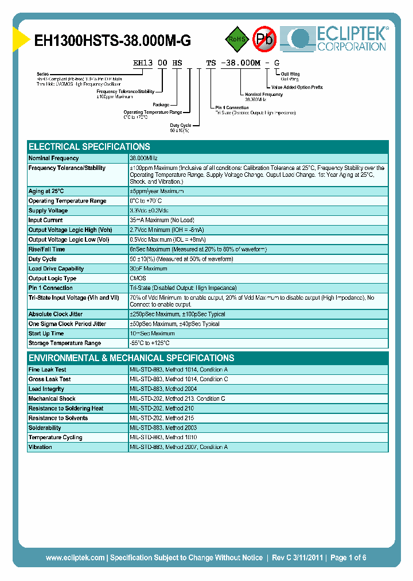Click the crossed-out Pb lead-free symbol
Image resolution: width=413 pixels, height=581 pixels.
264,39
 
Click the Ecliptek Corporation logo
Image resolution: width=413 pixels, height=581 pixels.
338,39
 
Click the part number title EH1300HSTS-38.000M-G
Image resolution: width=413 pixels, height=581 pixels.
112,41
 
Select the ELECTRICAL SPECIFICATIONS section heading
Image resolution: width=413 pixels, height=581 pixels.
89,146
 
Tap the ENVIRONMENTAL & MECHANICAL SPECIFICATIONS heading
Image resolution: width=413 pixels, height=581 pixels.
131,358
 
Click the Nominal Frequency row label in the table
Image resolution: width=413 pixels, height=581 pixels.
54,158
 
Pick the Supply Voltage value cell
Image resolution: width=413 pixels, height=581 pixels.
157,211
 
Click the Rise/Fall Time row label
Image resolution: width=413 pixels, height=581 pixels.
47,250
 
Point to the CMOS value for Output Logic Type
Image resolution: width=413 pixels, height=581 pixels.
138,278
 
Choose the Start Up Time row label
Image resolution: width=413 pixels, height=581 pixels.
46,334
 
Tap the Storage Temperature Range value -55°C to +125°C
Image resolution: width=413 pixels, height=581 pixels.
150,343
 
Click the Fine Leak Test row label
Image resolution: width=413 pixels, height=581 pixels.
48,370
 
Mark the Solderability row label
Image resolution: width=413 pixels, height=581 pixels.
45,428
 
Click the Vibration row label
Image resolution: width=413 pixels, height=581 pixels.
41,447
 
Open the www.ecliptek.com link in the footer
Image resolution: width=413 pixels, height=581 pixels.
75,557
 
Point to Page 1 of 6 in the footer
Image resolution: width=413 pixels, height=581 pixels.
348,557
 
